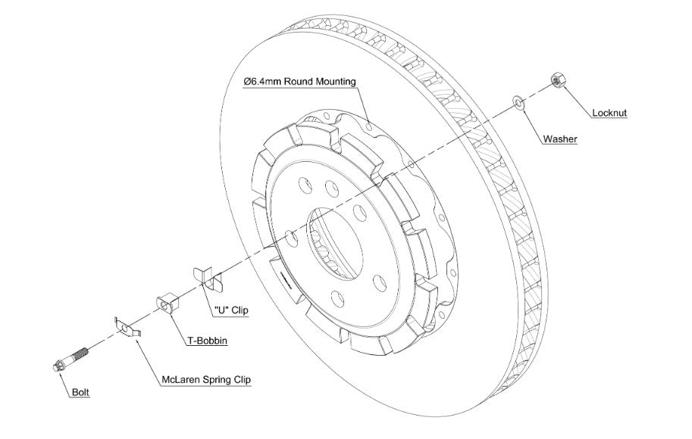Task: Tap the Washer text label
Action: (560, 139)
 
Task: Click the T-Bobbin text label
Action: (207, 341)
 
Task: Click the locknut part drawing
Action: (556, 80)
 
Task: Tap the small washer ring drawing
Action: (518, 101)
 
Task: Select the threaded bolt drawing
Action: (71, 359)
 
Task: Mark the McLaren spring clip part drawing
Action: (127, 328)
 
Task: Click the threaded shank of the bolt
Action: (82, 353)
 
